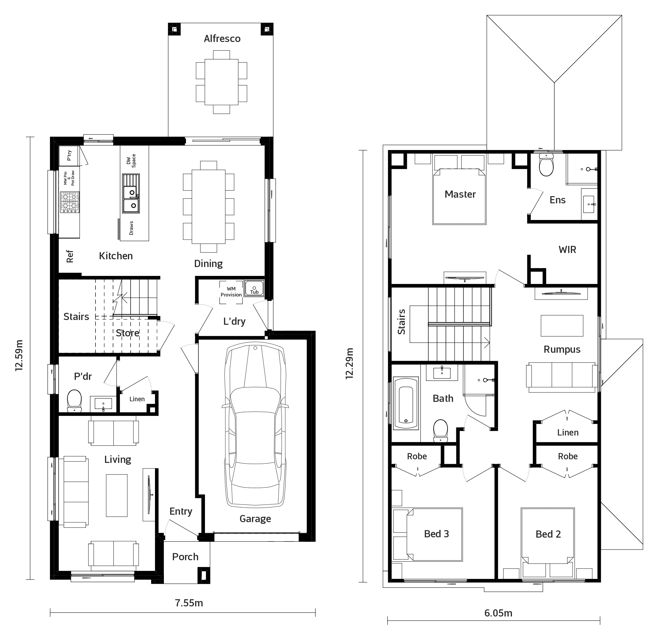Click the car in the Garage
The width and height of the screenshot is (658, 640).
[x=255, y=426]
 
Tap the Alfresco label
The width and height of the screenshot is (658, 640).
[x=222, y=39]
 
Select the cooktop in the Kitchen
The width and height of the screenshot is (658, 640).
[x=70, y=202]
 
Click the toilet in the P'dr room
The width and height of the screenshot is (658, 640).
[x=74, y=401]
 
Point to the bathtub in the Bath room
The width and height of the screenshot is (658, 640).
[x=406, y=403]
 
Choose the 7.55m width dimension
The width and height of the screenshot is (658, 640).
[x=189, y=603]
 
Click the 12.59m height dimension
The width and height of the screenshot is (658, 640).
[x=19, y=355]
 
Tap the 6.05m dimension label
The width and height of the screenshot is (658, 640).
[x=498, y=613]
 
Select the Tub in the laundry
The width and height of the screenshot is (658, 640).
[x=254, y=288]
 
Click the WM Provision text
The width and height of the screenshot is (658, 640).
[x=231, y=292]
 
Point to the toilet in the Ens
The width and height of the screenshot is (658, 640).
[x=546, y=165]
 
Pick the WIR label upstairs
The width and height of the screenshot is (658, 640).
[x=567, y=250]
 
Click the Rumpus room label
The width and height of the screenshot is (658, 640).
[x=562, y=349]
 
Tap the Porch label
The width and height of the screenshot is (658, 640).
[x=185, y=557]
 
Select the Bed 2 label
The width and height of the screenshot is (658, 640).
[x=548, y=534]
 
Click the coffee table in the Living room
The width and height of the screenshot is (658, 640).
[x=117, y=495]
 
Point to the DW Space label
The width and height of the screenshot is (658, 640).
[x=131, y=161]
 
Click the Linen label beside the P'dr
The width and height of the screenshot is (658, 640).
[x=137, y=399]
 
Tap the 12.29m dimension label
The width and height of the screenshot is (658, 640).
[x=350, y=363]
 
